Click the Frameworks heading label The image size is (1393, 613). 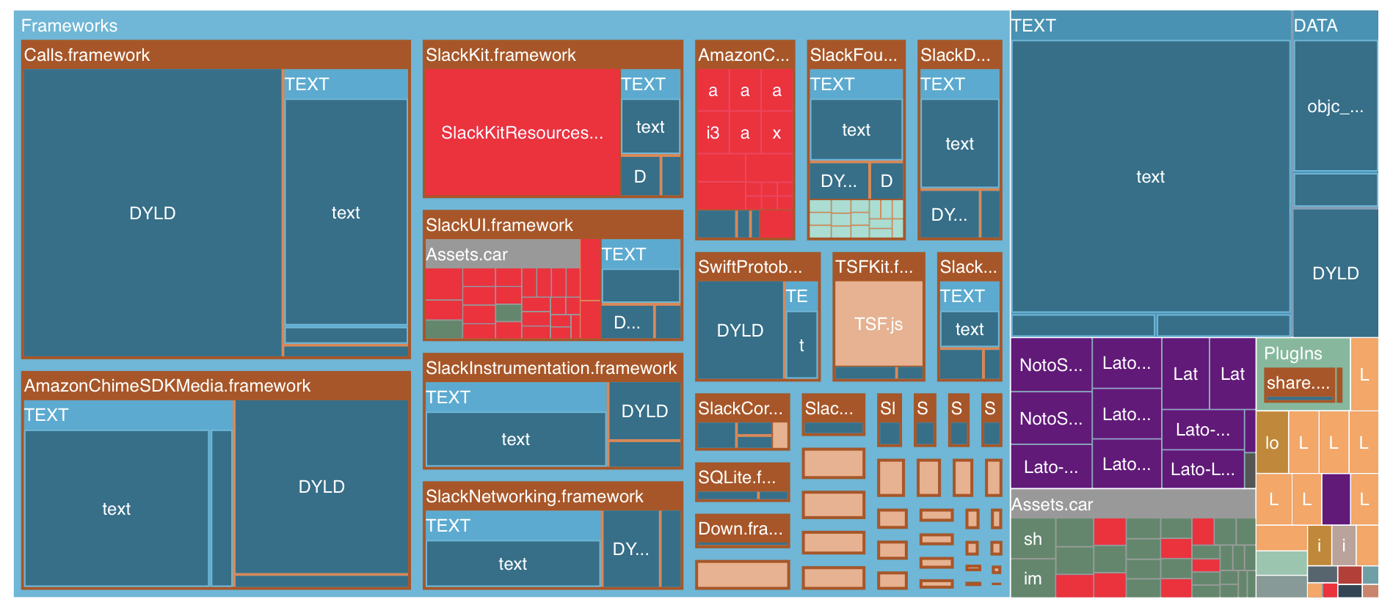pyautogui.click(x=69, y=26)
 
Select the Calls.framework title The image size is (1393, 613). pyautogui.click(x=87, y=55)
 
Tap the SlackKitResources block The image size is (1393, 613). pyautogui.click(x=522, y=133)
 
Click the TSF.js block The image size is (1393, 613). pyautogui.click(x=879, y=324)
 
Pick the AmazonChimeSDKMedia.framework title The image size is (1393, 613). pyautogui.click(x=167, y=386)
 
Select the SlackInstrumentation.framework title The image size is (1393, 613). pyautogui.click(x=551, y=368)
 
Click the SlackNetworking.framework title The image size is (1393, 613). pyautogui.click(x=534, y=496)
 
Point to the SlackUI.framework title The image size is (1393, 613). pyautogui.click(x=499, y=225)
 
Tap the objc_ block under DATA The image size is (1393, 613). pyautogui.click(x=1335, y=106)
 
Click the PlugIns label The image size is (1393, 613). pyautogui.click(x=1292, y=353)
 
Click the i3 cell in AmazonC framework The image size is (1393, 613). pyautogui.click(x=713, y=133)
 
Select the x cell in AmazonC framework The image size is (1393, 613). pyautogui.click(x=776, y=133)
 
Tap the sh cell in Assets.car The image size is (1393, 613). pyautogui.click(x=1033, y=539)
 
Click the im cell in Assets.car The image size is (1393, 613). pyautogui.click(x=1033, y=579)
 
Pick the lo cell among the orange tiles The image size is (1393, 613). pyautogui.click(x=1272, y=443)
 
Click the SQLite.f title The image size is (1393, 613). pyautogui.click(x=737, y=477)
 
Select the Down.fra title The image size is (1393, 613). pyautogui.click(x=741, y=529)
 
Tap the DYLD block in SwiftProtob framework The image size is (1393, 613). pyautogui.click(x=740, y=331)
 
